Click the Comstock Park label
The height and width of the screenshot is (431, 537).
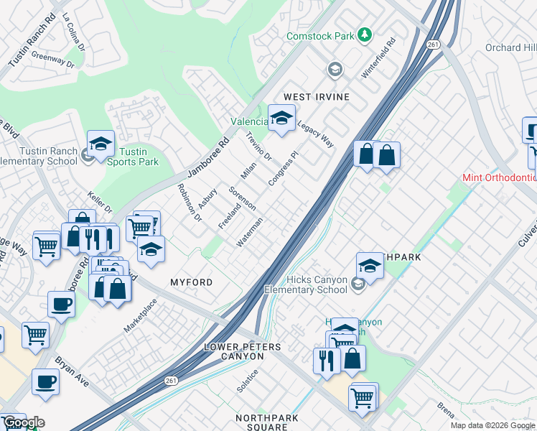[320, 35]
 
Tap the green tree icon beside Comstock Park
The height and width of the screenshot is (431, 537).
[365, 34]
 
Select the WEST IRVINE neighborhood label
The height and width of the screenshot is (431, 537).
[316, 97]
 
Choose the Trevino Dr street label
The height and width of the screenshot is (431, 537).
[258, 147]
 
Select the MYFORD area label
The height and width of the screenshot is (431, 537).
[191, 282]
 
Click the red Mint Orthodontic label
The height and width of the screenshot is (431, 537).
[500, 177]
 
